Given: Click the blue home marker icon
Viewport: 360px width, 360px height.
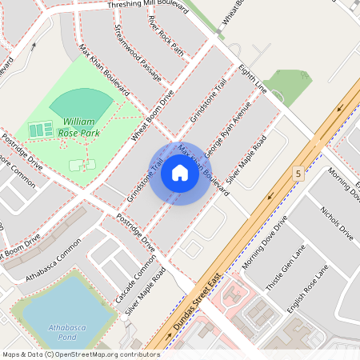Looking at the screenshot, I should coord(180,173).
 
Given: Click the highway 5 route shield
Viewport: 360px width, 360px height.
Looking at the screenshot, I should coord(298,173).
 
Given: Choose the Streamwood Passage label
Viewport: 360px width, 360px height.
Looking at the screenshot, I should coord(138,52).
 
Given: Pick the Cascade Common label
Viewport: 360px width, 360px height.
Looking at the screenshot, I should coord(135,283).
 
